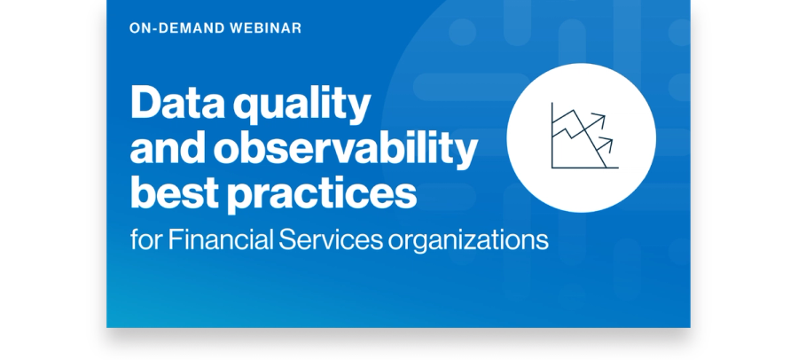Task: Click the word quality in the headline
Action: coord(301,104)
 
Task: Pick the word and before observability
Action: coord(168,147)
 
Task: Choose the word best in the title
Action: coord(175,192)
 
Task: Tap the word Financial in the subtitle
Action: coord(222,239)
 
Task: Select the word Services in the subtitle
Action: coord(331,239)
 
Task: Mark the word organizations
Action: coord(468,241)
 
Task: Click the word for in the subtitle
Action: coord(146,239)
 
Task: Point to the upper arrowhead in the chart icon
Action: coord(600,119)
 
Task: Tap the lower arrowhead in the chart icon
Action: coord(607,142)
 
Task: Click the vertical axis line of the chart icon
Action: coord(552,135)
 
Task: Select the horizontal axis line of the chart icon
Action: coord(585,168)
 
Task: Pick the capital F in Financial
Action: coord(176,239)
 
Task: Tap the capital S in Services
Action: coord(287,239)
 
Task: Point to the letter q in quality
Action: coord(247,108)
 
